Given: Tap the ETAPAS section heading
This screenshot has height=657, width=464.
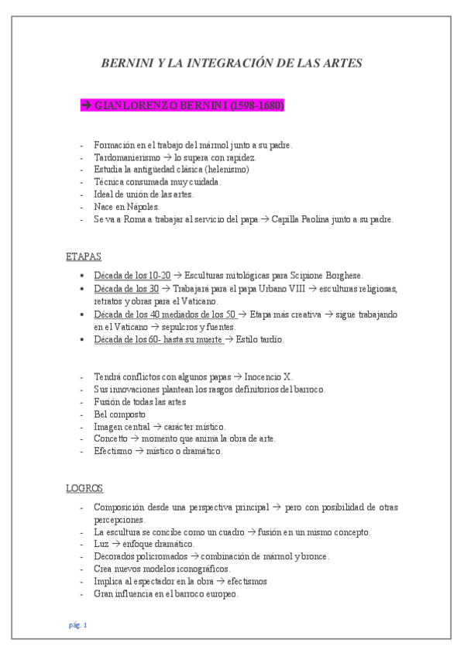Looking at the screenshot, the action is coord(84,256).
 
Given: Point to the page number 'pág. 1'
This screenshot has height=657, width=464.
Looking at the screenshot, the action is coord(77,624).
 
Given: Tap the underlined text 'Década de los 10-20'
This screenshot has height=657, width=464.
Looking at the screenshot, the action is coord(132,275).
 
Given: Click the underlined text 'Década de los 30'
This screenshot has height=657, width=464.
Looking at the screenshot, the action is coord(125,288).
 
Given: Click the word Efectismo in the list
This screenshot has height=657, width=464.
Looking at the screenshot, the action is coord(114,451).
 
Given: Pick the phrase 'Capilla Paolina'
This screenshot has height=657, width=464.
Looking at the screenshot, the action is coord(305,218).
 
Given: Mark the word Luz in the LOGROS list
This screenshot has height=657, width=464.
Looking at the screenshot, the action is coord(101,544).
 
